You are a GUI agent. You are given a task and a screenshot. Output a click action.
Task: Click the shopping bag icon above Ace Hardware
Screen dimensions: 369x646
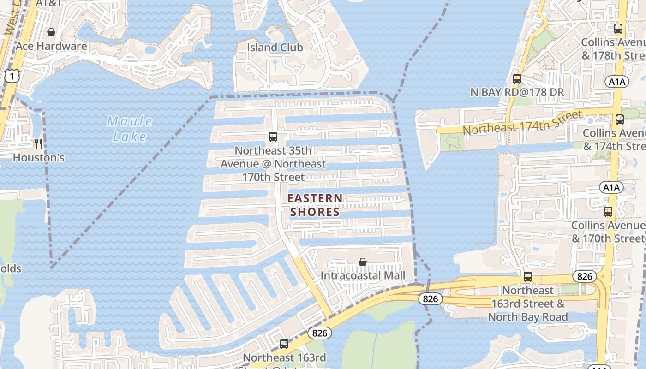click(x=51, y=32)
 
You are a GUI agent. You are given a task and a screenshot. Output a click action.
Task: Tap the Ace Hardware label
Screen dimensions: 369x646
click(x=51, y=46)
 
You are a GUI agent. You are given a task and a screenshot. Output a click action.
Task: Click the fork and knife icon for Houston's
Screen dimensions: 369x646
click(x=38, y=144)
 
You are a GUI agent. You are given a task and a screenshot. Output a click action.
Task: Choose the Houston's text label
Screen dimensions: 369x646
click(x=38, y=158)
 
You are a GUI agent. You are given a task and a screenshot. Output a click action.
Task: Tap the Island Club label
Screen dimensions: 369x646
click(x=275, y=48)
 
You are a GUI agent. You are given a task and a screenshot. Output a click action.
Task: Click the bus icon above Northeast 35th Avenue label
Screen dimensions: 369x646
click(x=273, y=137)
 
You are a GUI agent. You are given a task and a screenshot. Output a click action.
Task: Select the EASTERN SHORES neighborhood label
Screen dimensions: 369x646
click(x=315, y=205)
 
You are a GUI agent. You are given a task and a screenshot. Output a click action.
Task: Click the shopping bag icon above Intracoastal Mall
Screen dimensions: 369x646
click(x=363, y=262)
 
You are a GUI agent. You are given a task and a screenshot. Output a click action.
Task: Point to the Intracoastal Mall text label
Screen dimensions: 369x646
click(x=363, y=275)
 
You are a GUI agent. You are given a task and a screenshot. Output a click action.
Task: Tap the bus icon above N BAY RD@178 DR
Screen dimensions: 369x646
click(x=517, y=78)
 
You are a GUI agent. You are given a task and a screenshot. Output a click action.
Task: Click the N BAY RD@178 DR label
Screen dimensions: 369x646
click(x=517, y=92)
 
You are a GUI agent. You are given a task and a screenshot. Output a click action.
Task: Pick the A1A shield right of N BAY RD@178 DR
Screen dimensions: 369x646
click(x=617, y=82)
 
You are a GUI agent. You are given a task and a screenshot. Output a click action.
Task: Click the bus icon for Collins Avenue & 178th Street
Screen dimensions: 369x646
click(x=619, y=28)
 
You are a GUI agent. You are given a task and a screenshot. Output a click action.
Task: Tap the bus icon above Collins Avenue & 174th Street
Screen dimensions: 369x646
click(x=620, y=119)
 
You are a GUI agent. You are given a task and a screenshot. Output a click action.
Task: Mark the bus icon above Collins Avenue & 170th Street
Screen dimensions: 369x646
click(x=609, y=212)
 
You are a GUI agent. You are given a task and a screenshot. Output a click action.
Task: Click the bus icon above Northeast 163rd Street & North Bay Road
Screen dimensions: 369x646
click(x=528, y=277)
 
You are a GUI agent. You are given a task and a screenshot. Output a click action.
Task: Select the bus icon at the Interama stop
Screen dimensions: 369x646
click(x=284, y=344)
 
